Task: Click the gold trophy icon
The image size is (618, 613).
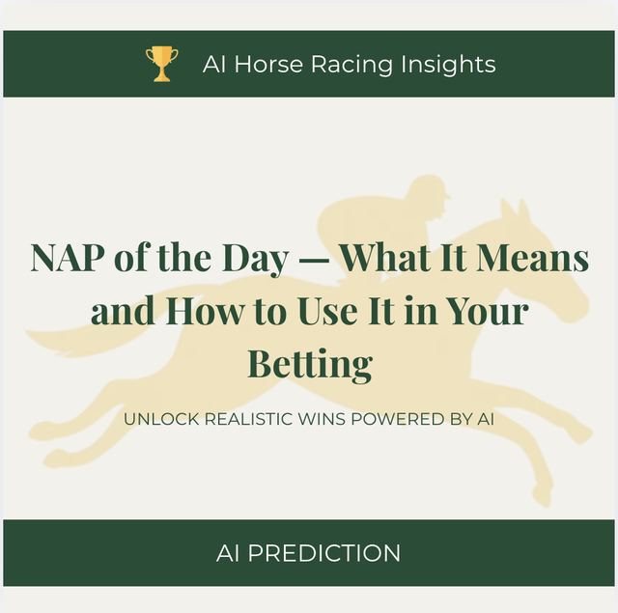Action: click(161, 64)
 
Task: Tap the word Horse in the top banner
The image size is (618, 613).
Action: click(268, 64)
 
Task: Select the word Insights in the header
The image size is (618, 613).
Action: click(448, 65)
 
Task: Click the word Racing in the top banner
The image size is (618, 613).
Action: click(351, 65)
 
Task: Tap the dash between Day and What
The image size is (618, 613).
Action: click(313, 260)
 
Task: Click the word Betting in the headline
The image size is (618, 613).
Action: click(310, 364)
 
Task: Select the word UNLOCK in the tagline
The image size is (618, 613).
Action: click(161, 419)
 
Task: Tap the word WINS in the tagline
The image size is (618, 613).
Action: click(322, 419)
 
